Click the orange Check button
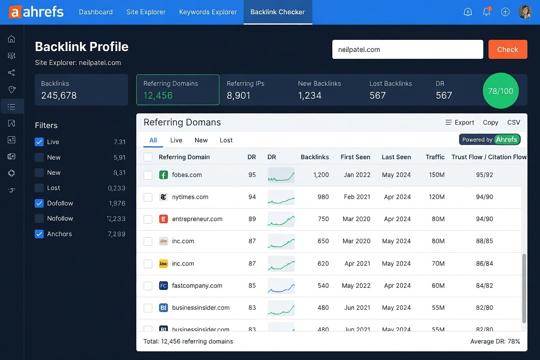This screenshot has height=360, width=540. pyautogui.click(x=508, y=49)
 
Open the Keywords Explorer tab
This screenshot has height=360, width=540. pyautogui.click(x=208, y=12)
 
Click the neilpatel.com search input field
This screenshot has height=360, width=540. pyautogui.click(x=407, y=49)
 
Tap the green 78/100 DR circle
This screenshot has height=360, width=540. pyautogui.click(x=500, y=91)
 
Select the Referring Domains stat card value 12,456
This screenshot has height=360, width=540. pyautogui.click(x=158, y=96)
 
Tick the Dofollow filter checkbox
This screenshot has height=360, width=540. pyautogui.click(x=39, y=203)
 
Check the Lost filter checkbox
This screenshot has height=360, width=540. pyautogui.click(x=39, y=188)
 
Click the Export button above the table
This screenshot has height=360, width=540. pyautogui.click(x=460, y=122)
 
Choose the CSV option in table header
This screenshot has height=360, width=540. pyautogui.click(x=514, y=122)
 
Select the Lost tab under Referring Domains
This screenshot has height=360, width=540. pyautogui.click(x=226, y=140)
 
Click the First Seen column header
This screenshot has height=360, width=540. pyautogui.click(x=355, y=157)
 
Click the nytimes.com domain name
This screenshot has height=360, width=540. pyautogui.click(x=190, y=197)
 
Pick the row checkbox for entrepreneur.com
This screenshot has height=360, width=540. pyautogui.click(x=148, y=219)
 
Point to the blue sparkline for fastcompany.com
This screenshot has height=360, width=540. pyautogui.click(x=281, y=286)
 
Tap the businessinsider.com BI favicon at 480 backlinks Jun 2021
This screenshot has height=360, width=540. pyautogui.click(x=163, y=308)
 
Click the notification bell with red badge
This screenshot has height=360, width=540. pyautogui.click(x=487, y=12)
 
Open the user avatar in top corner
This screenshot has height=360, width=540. pyautogui.click(x=524, y=12)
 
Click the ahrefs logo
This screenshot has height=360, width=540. pyautogui.click(x=36, y=12)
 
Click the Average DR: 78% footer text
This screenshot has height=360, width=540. pyautogui.click(x=495, y=341)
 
